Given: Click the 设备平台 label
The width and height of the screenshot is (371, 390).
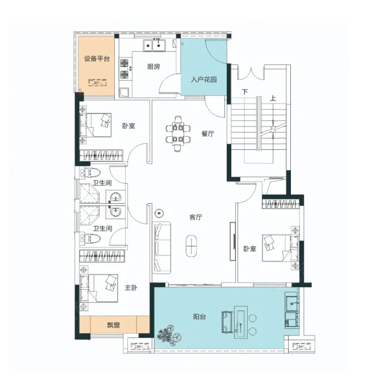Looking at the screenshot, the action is click(97, 59).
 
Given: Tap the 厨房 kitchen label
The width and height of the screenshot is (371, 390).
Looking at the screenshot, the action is click(153, 66).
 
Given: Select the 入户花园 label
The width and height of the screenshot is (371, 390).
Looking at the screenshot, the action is click(204, 79).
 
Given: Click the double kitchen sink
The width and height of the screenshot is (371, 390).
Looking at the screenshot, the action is click(154, 45).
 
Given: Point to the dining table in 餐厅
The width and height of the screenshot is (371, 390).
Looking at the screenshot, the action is click(178, 133).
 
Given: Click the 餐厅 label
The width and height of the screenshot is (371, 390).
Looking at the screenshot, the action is click(208, 133).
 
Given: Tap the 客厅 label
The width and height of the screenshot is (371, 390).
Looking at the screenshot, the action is click(195, 217).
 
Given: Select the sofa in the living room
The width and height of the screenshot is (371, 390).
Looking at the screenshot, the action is click(161, 248).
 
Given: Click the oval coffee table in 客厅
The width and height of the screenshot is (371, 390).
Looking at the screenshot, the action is click(191, 245).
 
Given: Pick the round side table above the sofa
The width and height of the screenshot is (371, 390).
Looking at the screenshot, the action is click(159, 213).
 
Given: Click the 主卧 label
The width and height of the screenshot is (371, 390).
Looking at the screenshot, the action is click(131, 288).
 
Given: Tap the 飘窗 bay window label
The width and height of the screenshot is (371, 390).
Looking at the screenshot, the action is click(114, 325).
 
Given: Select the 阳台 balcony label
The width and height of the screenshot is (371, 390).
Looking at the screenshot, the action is click(199, 317).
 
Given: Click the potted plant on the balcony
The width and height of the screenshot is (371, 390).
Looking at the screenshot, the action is click(169, 336).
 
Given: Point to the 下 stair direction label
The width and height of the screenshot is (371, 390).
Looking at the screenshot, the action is click(245, 92).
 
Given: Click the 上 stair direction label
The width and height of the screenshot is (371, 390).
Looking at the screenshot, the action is click(273, 98).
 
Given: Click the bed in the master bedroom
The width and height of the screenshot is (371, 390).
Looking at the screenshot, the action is click(99, 288).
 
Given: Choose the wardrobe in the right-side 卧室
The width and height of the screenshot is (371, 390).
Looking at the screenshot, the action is click(281, 204).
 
